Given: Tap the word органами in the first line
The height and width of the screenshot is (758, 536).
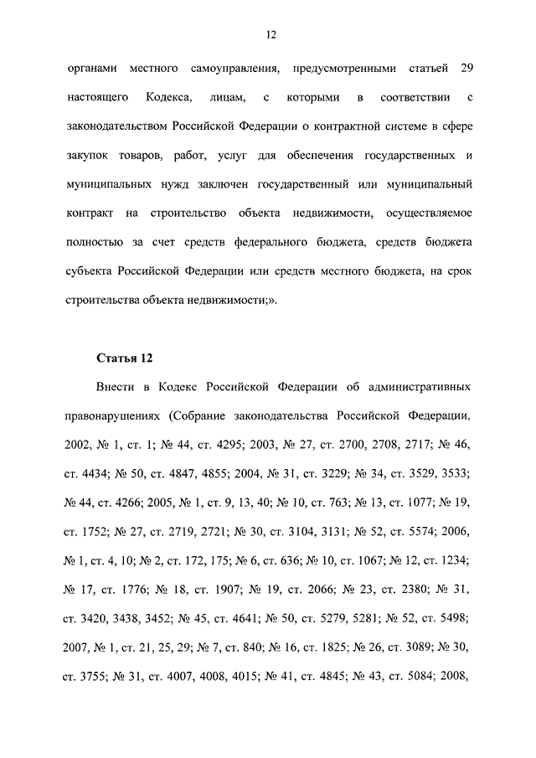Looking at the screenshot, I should pos(92,67).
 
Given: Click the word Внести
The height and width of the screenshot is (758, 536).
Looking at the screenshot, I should pos(111,389).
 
